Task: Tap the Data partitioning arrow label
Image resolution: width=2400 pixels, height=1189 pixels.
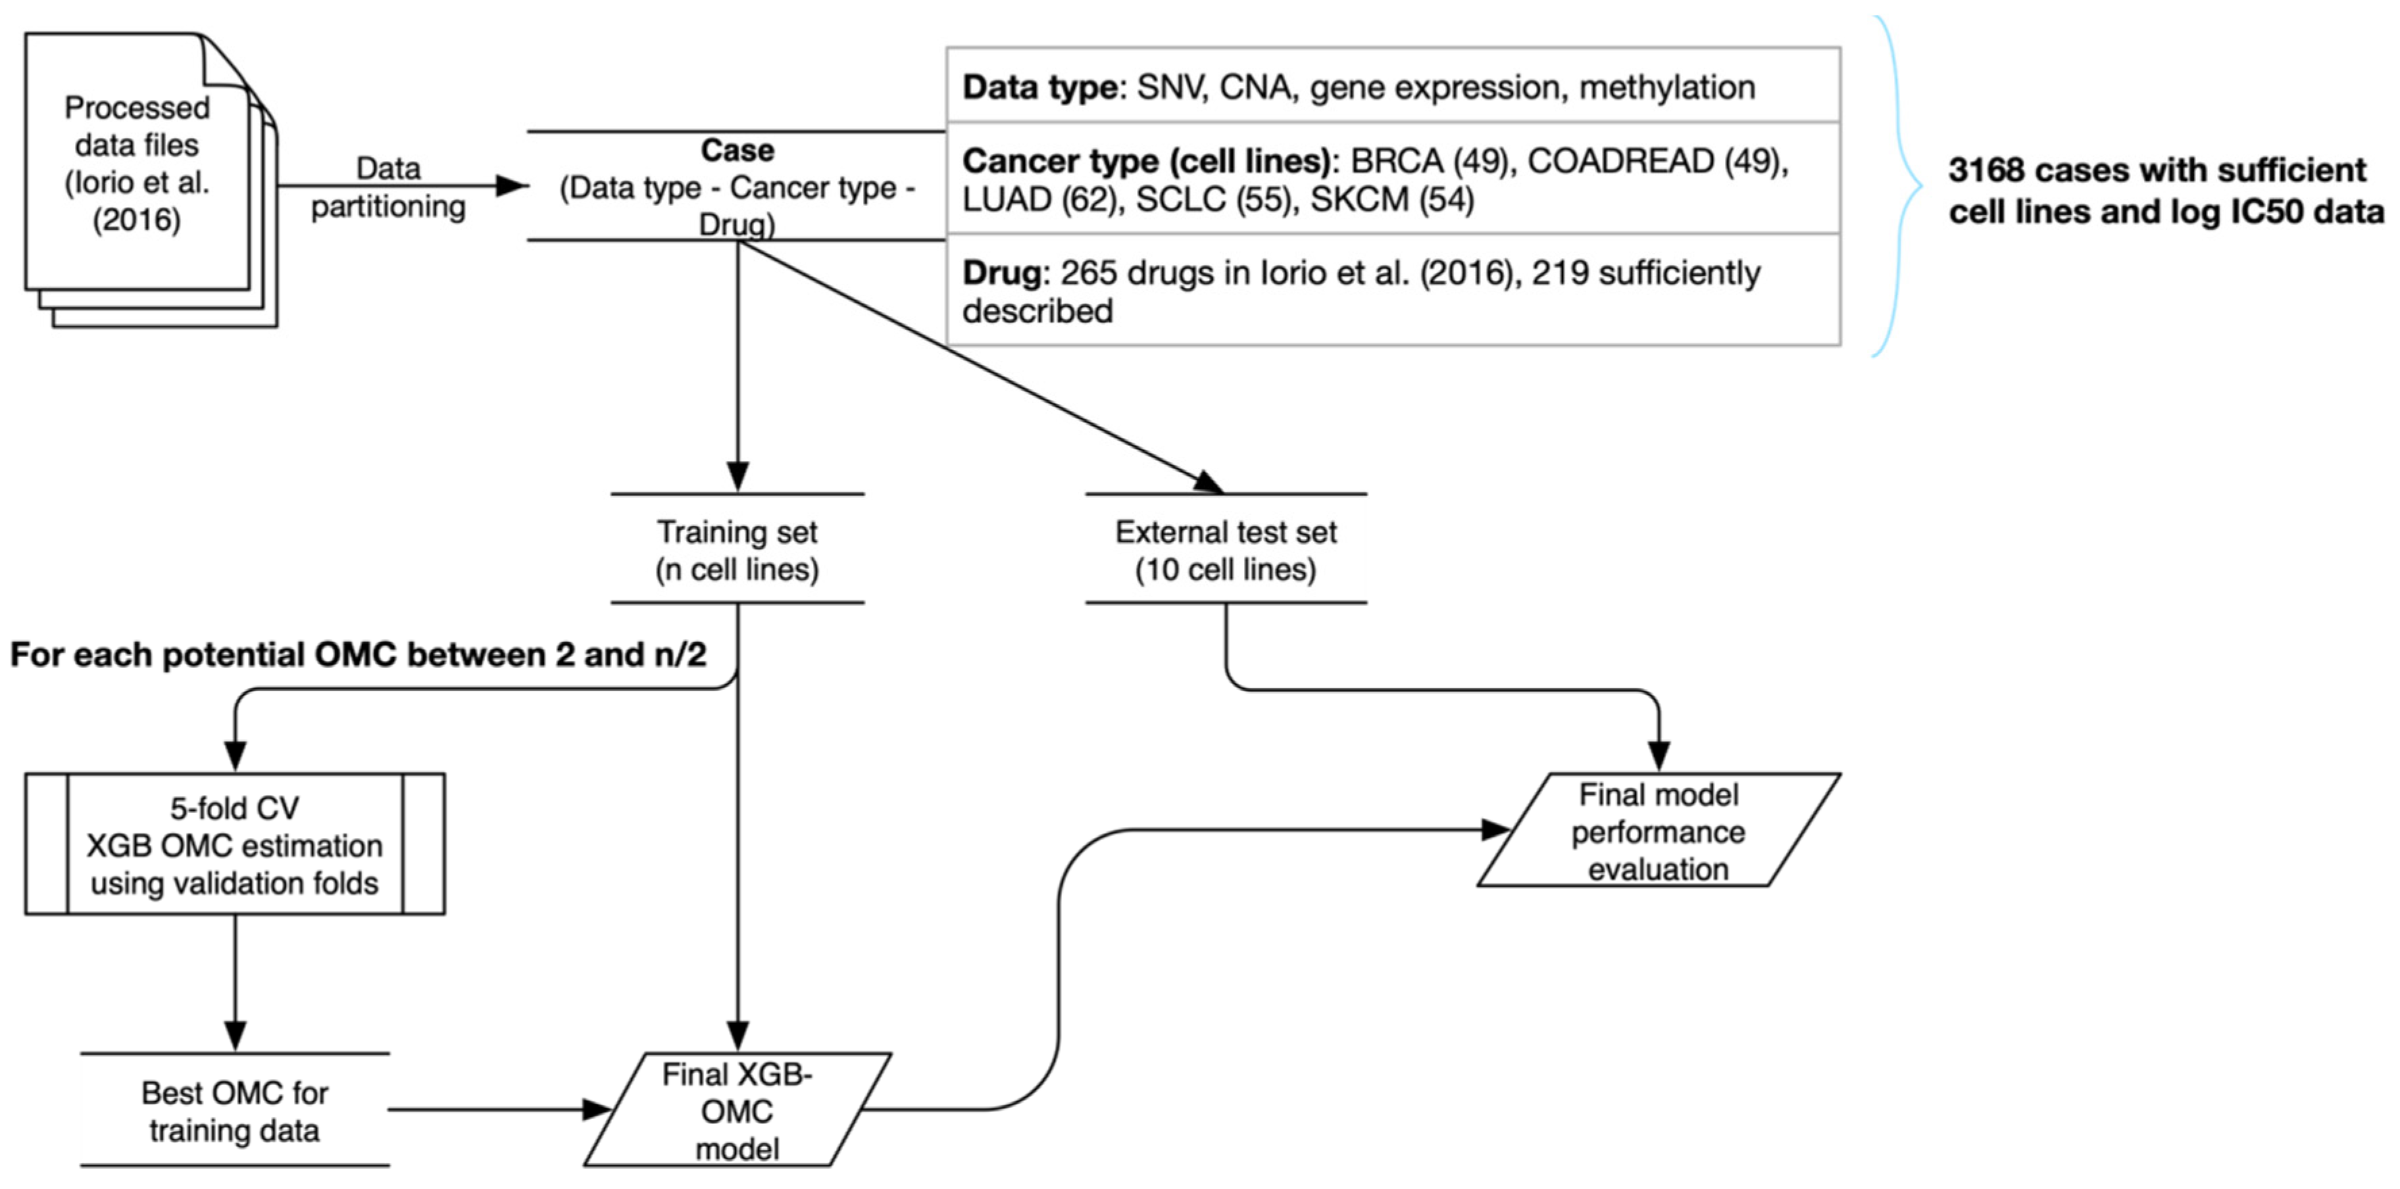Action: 389,187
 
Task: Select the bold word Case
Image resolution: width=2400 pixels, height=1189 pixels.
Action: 737,150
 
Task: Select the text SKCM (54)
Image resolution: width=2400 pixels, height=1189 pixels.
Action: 1392,199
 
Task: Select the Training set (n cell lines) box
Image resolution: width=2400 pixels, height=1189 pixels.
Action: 737,550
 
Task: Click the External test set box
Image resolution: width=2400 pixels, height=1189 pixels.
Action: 1225,550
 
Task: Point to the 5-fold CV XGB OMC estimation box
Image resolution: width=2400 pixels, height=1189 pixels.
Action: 234,844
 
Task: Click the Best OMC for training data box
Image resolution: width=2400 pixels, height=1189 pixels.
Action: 234,1111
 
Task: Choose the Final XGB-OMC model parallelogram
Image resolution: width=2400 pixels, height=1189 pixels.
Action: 737,1111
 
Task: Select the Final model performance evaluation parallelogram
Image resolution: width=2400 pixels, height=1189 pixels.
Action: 1657,831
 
